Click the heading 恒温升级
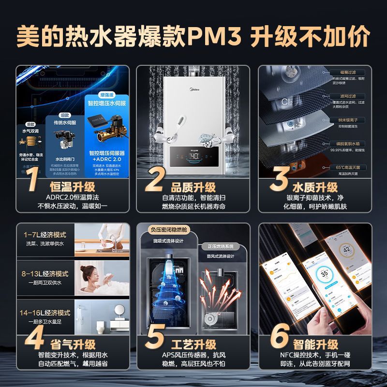click(72, 187)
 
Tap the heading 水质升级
click(315, 187)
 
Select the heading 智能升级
click(315, 344)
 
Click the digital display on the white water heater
click(193, 156)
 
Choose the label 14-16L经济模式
click(47, 313)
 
